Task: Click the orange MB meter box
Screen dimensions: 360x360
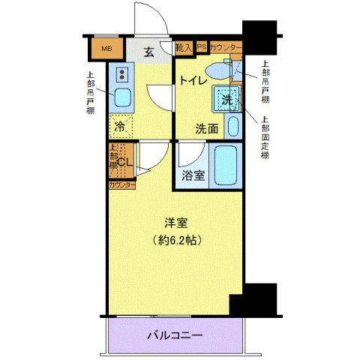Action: point(106,49)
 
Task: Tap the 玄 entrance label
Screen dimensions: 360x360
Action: point(148,52)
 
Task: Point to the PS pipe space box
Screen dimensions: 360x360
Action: point(201,47)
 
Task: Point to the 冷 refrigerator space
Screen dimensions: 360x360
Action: point(120,127)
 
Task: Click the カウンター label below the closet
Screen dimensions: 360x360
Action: point(121,184)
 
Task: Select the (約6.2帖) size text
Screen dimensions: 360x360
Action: point(177,241)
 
